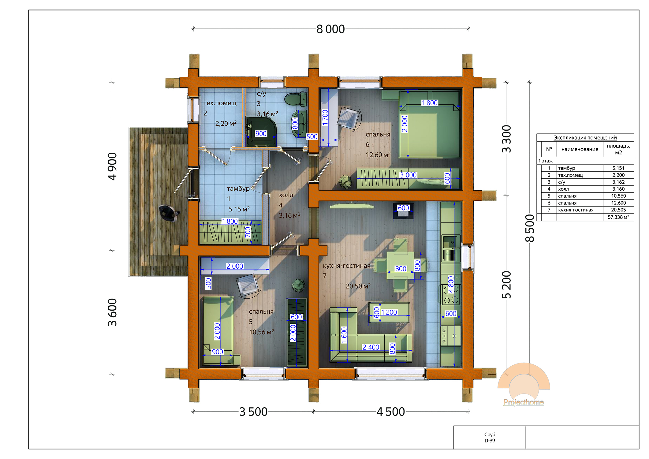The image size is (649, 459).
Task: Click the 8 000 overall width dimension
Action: pos(330,29)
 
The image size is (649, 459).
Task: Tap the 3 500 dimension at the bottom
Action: pos(253,412)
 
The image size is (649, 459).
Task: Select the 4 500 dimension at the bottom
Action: pos(391,412)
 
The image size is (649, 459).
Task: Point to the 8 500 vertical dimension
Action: pos(530,228)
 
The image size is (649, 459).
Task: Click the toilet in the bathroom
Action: pos(296,99)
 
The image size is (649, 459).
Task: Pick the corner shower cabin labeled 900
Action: pos(261,131)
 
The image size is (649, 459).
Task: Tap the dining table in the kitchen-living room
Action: pos(401,265)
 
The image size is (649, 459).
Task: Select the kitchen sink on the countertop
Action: pos(451,241)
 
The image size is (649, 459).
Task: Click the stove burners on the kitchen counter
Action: pos(451,294)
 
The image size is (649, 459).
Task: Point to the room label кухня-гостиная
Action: pos(346,266)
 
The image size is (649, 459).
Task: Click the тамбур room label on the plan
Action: pos(238,189)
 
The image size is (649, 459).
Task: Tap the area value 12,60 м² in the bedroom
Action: pos(378,155)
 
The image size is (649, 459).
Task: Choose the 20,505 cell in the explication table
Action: pos(618,210)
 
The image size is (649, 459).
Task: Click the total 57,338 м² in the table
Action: pos(618,217)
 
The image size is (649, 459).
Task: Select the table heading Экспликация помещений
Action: pos(585,138)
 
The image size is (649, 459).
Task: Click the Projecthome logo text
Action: pos(524,402)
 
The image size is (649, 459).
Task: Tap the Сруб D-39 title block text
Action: pos(490,438)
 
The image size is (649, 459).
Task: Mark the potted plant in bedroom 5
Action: pos(298,285)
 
